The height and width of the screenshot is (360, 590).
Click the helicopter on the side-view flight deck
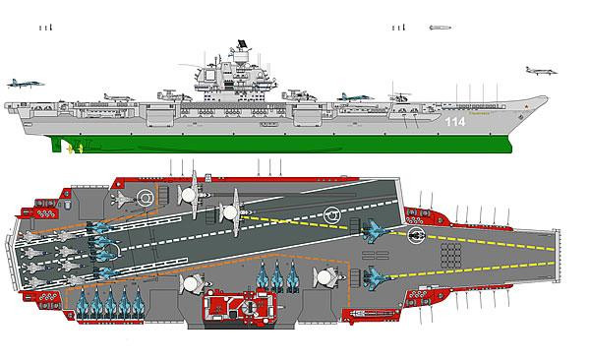coord(403,96)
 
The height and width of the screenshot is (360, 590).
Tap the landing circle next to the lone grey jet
coord(144,196)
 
